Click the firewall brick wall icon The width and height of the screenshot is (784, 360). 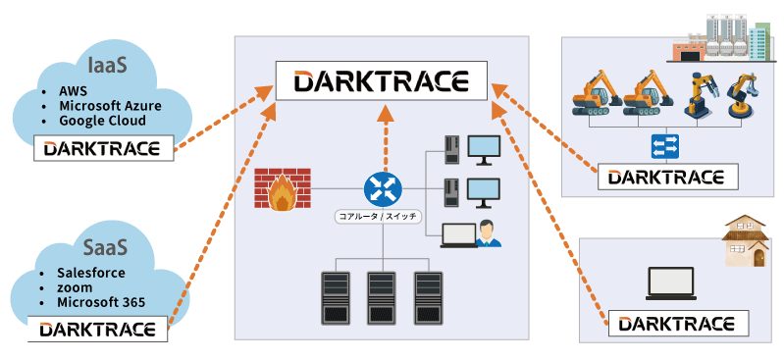pyautogui.click(x=282, y=189)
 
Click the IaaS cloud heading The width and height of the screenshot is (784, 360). pyautogui.click(x=105, y=66)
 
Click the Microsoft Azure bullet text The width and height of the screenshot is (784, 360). pyautogui.click(x=109, y=106)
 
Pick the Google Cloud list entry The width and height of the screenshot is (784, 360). pyautogui.click(x=102, y=121)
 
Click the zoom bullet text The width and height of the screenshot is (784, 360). pyautogui.click(x=75, y=286)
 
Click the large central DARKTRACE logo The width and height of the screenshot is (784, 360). pyautogui.click(x=382, y=80)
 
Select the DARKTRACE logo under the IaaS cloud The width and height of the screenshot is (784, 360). pyautogui.click(x=103, y=149)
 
